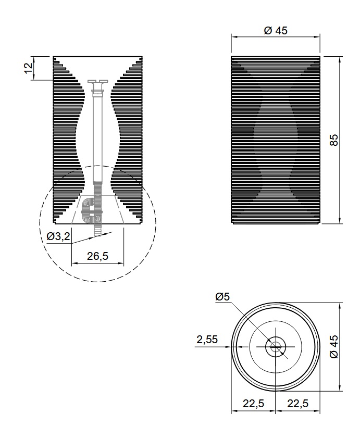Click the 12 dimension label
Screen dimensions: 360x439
click(28, 68)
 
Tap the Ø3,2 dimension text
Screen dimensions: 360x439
click(58, 236)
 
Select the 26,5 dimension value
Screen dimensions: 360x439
click(97, 256)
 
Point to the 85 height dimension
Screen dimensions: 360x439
click(333, 140)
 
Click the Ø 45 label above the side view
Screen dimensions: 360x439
click(276, 30)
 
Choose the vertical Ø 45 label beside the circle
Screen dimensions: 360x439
click(333, 346)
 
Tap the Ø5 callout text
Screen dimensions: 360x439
click(223, 296)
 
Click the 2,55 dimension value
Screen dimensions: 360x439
click(207, 340)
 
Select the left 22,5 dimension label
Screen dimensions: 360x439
click(253, 404)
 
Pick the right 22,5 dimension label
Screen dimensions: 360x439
click(298, 404)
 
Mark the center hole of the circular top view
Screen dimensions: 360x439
click(276, 347)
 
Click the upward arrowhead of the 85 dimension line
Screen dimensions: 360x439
click(340, 58)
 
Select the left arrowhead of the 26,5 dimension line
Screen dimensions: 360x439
click(75, 263)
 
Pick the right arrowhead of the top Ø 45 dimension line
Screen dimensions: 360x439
click(317, 36)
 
